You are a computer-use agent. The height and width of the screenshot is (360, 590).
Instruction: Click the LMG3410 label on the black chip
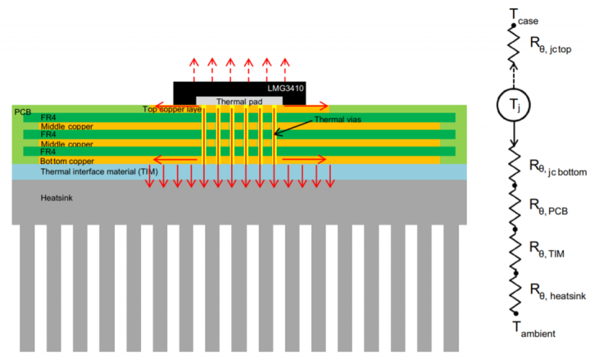(x=288, y=89)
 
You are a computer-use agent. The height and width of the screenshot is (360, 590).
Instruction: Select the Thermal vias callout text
(x=337, y=120)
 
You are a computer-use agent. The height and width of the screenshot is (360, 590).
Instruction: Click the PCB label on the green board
(x=22, y=111)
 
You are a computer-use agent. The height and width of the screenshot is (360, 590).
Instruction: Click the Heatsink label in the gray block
(x=57, y=198)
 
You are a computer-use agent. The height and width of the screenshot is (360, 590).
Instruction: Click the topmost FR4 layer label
(x=49, y=118)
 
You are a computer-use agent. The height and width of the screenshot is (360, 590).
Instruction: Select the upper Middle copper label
(x=66, y=126)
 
